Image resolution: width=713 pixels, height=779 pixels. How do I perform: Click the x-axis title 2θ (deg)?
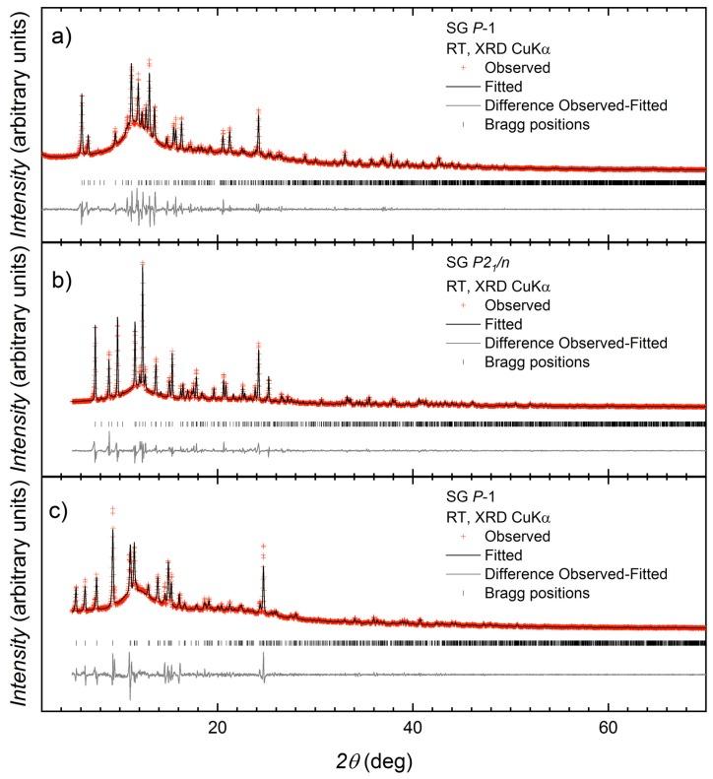[x=372, y=760]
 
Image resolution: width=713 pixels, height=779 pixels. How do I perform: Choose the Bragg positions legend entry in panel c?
[x=537, y=593]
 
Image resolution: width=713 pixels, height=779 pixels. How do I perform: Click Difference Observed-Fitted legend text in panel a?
[x=576, y=105]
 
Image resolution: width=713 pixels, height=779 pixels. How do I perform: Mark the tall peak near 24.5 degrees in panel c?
[x=263, y=548]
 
